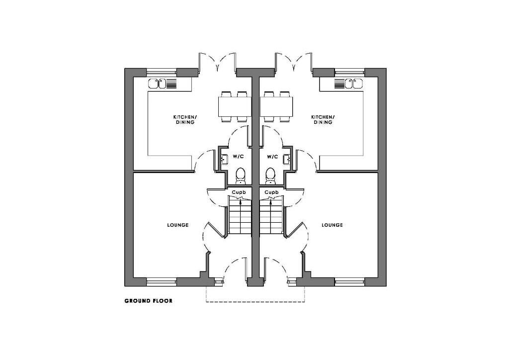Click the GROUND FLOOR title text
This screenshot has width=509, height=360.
point(148,301)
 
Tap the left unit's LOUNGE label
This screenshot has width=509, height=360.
point(178,225)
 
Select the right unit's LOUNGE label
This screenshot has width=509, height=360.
point(332,225)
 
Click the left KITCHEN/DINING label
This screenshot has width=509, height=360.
point(184,119)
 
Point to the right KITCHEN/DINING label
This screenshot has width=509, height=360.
point(323,119)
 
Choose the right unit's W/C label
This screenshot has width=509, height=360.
point(272,157)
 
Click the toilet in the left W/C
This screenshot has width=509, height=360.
point(240,176)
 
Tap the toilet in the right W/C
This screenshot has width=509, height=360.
point(270,176)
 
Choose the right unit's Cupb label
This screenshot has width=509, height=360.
point(271,192)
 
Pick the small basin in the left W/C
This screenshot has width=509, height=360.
point(224,159)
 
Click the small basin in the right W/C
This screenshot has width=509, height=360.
point(287,159)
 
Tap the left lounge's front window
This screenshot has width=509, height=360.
point(162,282)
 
